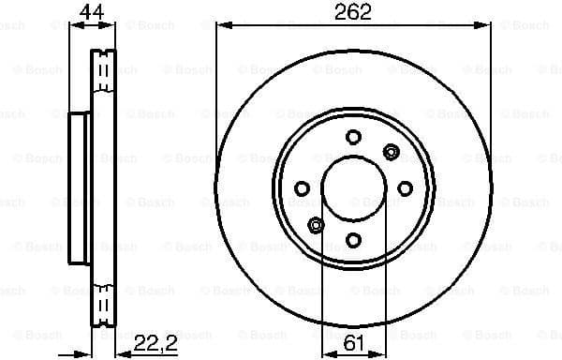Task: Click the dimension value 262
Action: click(x=353, y=12)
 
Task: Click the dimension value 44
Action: click(x=91, y=12)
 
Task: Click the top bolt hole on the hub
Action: click(x=353, y=137)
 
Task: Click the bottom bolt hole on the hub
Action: click(x=353, y=241)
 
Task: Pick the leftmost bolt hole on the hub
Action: click(x=302, y=189)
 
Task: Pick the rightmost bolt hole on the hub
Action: click(x=405, y=189)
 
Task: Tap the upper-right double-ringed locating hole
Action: click(x=391, y=149)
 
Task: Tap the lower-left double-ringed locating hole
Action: click(x=316, y=225)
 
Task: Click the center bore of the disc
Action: click(x=353, y=188)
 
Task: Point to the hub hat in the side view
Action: click(x=81, y=187)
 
